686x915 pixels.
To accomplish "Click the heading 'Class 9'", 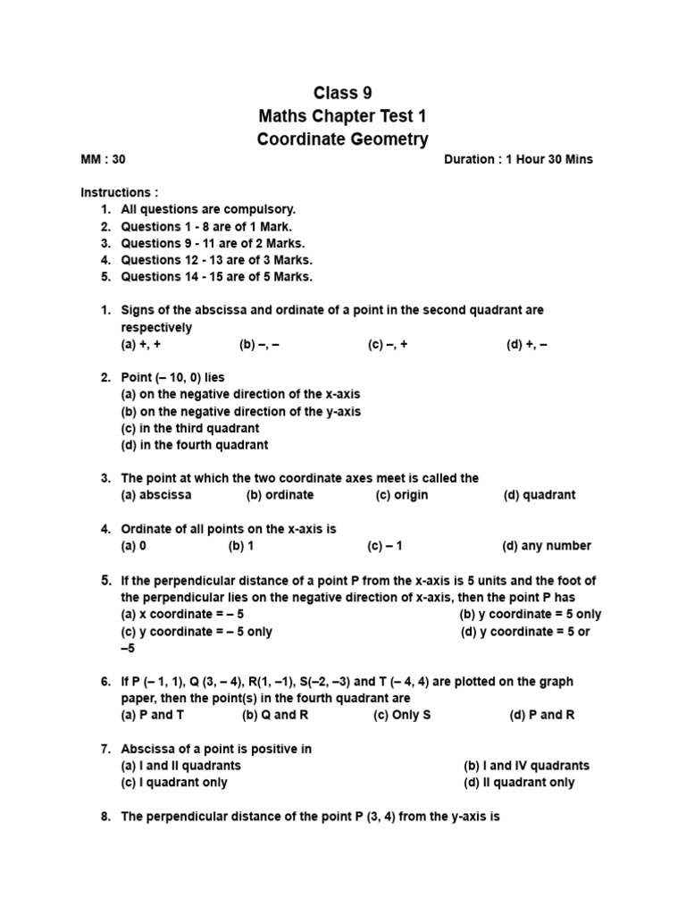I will pyautogui.click(x=342, y=93).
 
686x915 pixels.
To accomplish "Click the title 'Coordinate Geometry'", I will pyautogui.click(x=342, y=139).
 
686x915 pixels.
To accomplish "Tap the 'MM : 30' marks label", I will pyautogui.click(x=104, y=159).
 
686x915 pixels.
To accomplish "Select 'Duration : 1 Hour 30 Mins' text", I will pyautogui.click(x=517, y=159).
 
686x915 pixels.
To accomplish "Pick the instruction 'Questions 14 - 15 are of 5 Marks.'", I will pyautogui.click(x=216, y=276).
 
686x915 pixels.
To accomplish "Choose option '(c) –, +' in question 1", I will pyautogui.click(x=388, y=344).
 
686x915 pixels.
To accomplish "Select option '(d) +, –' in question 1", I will pyautogui.click(x=526, y=344).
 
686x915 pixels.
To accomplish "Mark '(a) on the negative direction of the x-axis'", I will pyautogui.click(x=240, y=394).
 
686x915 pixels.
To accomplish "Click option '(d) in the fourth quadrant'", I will pyautogui.click(x=194, y=444).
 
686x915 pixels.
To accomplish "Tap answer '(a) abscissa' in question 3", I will pyautogui.click(x=155, y=495).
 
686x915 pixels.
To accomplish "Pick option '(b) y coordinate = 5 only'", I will pyautogui.click(x=530, y=614).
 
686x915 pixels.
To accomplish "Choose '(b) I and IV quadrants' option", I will pyautogui.click(x=526, y=766).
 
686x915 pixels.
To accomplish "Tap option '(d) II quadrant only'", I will pyautogui.click(x=519, y=782).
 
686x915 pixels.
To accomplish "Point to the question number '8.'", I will pyautogui.click(x=105, y=817).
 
